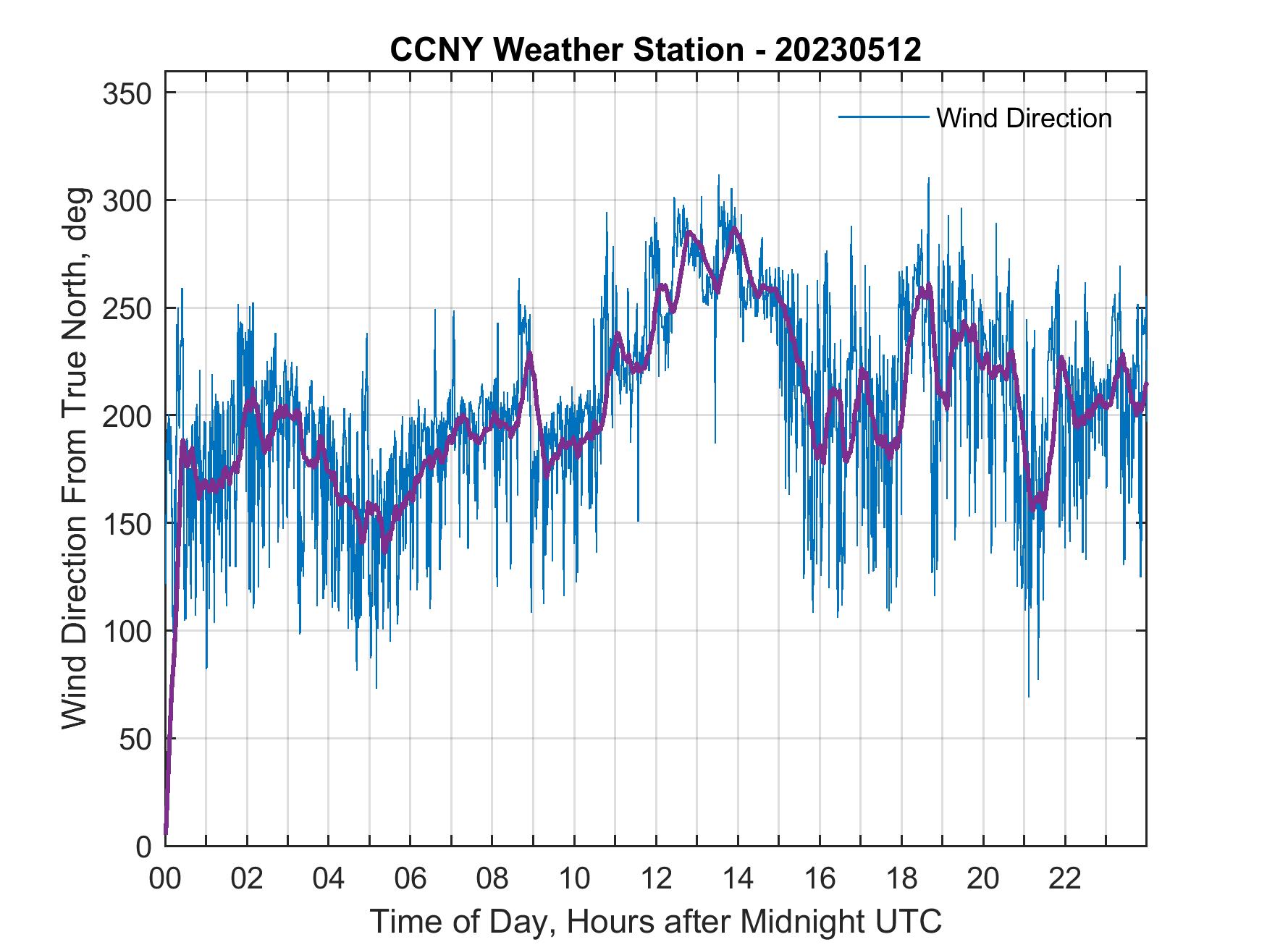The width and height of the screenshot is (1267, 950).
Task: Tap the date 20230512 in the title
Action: [x=848, y=50]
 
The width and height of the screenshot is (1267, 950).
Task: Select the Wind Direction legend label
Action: [x=1024, y=118]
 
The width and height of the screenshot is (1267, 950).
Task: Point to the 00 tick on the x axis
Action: [x=165, y=880]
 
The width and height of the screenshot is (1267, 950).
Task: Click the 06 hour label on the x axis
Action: [x=411, y=880]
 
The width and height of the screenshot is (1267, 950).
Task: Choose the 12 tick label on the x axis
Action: [x=656, y=880]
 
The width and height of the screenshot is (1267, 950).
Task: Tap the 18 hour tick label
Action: [x=901, y=880]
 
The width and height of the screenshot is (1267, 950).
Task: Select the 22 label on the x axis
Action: [x=1065, y=880]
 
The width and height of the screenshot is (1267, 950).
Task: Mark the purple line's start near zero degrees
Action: [x=167, y=832]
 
